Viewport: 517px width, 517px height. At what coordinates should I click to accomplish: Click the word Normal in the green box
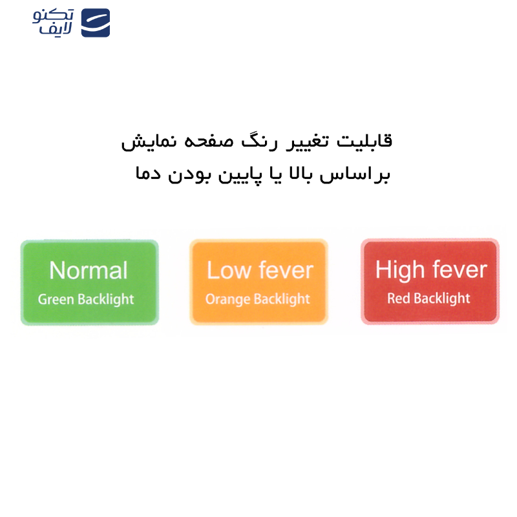tap(89, 271)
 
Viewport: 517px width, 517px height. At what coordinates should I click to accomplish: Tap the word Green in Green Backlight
tap(56, 300)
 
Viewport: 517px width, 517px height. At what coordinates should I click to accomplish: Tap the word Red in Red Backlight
tap(399, 299)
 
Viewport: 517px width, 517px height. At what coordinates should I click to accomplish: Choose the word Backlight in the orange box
tap(282, 300)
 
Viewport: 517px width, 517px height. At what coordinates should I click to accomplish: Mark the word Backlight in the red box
tap(442, 299)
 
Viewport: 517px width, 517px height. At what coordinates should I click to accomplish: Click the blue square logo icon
tap(95, 23)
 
